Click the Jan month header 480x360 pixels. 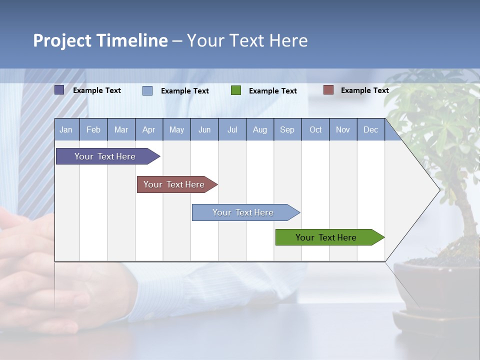[x=66, y=129]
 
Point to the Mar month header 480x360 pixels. [x=121, y=129]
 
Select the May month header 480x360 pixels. [x=176, y=129]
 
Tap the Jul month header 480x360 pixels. [x=232, y=129]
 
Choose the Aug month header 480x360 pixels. [x=260, y=129]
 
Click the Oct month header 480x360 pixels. [x=315, y=129]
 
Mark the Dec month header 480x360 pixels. [x=370, y=129]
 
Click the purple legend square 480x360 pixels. [x=59, y=90]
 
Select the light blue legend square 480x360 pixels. [x=147, y=90]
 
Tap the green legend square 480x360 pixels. [x=236, y=90]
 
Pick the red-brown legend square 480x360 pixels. [x=328, y=90]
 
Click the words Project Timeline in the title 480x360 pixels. [x=100, y=40]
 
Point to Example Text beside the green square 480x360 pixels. [x=272, y=90]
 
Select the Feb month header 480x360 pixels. [x=93, y=129]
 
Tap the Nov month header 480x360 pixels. [x=343, y=129]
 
